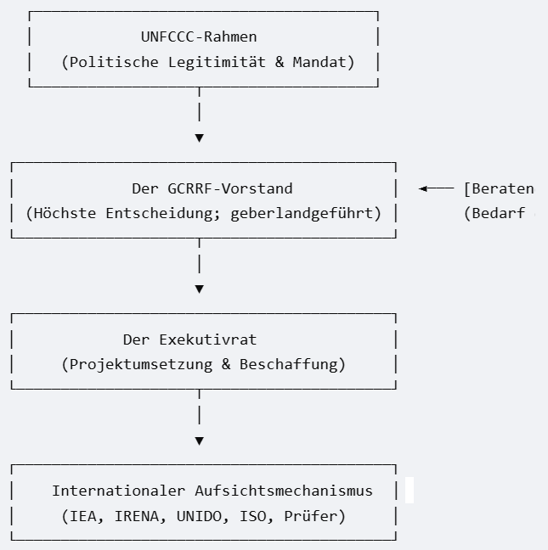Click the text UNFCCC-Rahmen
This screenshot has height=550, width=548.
pos(199,36)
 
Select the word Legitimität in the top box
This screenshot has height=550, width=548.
pos(217,62)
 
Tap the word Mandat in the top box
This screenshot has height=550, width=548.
pos(319,62)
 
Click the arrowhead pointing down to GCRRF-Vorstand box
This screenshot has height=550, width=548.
pos(200,138)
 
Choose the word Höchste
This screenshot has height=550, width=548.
pos(65,213)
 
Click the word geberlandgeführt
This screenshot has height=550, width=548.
pos(302,214)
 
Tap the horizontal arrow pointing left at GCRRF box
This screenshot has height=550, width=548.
pos(437,188)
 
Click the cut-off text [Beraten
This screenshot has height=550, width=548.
pos(499,188)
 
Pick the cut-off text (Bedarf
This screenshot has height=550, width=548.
pos(494,213)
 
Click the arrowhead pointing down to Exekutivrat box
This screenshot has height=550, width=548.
pos(200,289)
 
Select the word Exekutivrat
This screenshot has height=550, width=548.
pos(208,340)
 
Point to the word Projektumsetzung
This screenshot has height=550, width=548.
pos(141,364)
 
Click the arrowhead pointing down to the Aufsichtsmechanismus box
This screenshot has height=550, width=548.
pos(200,441)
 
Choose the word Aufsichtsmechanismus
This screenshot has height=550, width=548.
pos(284,491)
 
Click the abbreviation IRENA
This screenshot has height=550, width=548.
pos(137,516)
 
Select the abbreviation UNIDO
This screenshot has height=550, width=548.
pos(199,516)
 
